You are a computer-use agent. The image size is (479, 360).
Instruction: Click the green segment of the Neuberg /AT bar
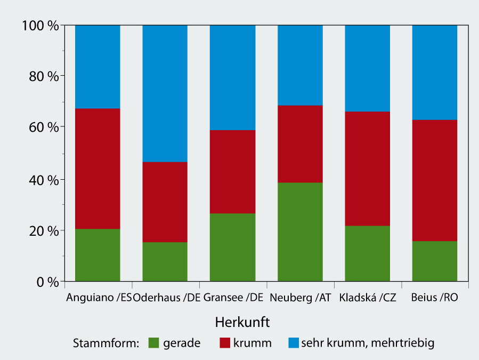(300, 231)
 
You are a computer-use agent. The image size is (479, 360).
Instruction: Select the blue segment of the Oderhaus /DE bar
(165, 93)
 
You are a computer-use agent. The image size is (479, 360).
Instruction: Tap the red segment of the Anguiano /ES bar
(98, 169)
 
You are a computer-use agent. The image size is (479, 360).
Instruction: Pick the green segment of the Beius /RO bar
(434, 261)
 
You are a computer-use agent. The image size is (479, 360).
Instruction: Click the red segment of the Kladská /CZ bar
(367, 169)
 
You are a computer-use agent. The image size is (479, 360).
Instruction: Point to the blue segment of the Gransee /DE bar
(232, 77)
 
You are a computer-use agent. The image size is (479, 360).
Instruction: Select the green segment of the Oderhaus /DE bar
(165, 261)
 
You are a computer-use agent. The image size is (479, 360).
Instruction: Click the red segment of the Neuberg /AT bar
(300, 144)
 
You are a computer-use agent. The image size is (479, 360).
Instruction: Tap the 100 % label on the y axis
(40, 25)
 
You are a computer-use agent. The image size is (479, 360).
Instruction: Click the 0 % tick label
(47, 281)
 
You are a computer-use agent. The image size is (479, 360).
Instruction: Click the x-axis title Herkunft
(242, 323)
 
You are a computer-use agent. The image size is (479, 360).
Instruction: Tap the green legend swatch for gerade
(154, 343)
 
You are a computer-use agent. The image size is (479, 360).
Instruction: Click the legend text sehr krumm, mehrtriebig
(368, 343)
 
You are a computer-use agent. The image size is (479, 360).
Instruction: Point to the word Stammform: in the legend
(105, 343)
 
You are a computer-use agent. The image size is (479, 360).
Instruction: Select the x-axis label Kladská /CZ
(367, 298)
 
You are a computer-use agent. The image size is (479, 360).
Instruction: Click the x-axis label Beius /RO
(434, 298)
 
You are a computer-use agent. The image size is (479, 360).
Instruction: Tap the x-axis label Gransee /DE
(233, 298)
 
